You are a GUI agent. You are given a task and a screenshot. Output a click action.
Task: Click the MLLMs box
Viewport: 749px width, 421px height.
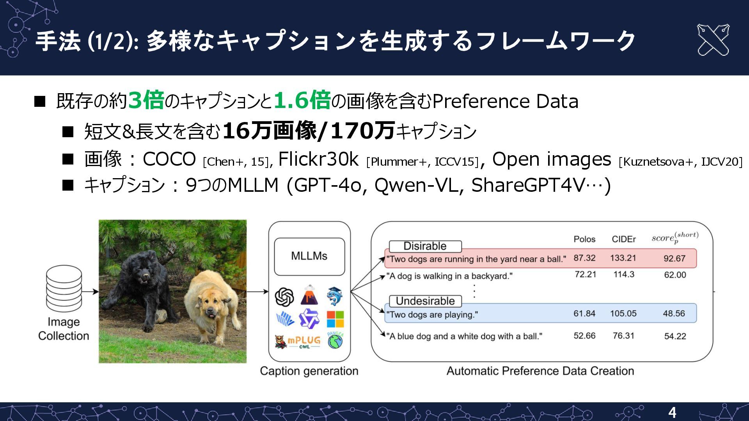(x=309, y=256)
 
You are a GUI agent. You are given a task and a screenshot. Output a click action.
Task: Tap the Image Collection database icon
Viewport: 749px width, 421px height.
(x=64, y=288)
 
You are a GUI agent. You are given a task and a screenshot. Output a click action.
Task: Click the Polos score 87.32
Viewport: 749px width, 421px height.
(x=584, y=258)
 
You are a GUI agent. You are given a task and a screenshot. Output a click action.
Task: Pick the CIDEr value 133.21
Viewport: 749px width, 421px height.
(x=623, y=258)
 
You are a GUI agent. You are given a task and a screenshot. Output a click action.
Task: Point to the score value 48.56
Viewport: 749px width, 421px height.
(x=674, y=313)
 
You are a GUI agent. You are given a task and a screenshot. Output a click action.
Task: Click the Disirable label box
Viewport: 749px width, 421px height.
(x=425, y=246)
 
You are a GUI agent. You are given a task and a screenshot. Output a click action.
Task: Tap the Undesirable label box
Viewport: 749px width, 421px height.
(x=425, y=301)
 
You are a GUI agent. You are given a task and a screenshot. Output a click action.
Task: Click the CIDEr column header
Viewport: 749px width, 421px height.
(x=623, y=239)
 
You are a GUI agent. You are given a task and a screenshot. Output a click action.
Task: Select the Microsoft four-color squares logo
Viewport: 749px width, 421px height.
(x=335, y=319)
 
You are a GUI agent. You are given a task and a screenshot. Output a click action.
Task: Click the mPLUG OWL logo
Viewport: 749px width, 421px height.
(x=298, y=342)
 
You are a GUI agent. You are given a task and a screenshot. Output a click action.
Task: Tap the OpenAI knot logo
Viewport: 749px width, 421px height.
(x=284, y=297)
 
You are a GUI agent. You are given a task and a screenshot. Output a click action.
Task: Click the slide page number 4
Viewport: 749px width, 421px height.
(x=672, y=412)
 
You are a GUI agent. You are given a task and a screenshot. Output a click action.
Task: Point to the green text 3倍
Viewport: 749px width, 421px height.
(x=146, y=100)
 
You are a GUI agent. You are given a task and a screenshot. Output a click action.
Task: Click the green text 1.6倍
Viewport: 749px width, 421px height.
(x=302, y=100)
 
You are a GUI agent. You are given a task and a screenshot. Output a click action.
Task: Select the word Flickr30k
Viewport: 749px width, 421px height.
(x=318, y=159)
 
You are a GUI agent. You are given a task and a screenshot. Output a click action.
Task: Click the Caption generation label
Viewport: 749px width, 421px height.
(x=309, y=371)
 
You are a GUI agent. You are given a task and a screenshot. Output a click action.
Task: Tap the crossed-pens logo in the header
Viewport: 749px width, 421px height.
(x=713, y=40)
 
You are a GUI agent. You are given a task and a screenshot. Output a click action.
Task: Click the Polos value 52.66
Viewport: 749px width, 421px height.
(x=584, y=336)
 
